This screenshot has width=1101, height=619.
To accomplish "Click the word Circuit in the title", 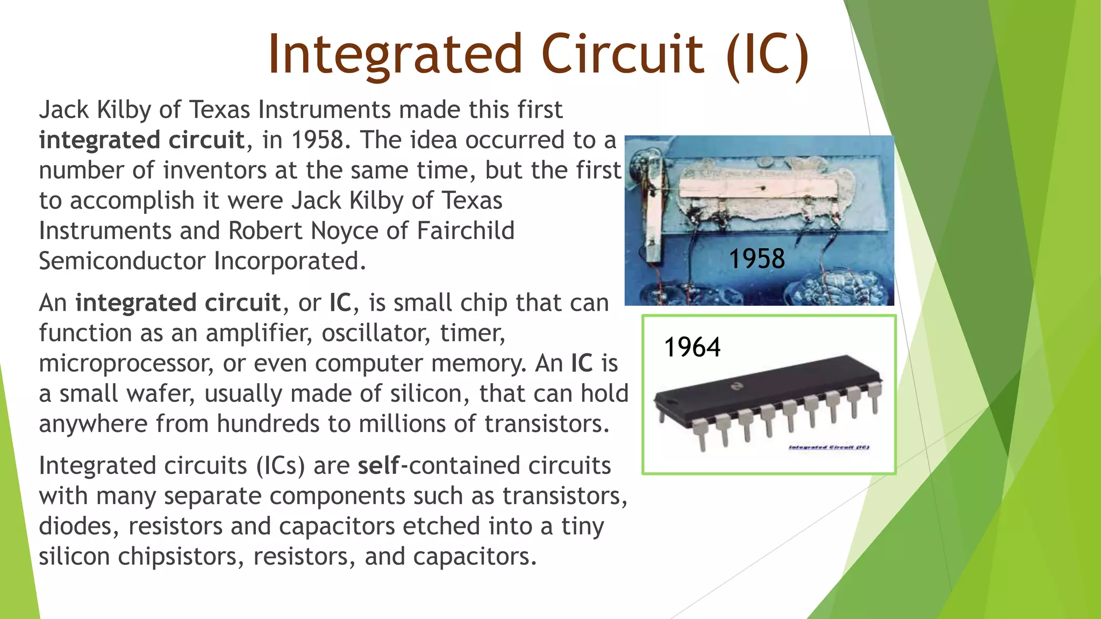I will [x=623, y=54].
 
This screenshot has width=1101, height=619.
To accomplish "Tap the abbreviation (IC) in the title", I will [x=767, y=55].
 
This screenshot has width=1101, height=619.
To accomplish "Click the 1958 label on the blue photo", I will [x=756, y=258].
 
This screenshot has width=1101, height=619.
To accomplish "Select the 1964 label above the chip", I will [x=692, y=347].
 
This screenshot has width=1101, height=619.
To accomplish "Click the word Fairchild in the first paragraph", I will [x=465, y=231].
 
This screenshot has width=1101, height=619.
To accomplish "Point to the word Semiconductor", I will [x=122, y=261].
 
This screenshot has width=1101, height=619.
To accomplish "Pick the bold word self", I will [x=378, y=465].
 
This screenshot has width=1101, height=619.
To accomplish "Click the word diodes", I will [x=78, y=526].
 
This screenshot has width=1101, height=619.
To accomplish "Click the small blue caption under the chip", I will [x=828, y=447].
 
